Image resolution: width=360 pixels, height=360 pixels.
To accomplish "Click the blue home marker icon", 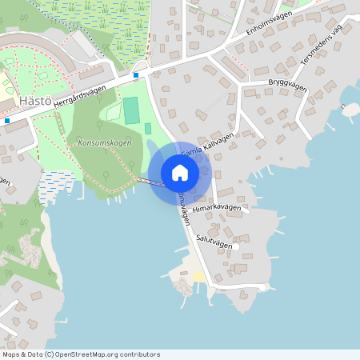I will pos(180,173).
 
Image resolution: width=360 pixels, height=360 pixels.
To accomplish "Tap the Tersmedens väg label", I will pos(321,50).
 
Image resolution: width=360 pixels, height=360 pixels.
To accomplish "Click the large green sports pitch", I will pos(130,110).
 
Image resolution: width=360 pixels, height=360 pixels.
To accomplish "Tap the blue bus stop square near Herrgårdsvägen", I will pos(136,75).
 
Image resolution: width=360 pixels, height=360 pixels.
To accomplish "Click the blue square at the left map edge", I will pos(6,121).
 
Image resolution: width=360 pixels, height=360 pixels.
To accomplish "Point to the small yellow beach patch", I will pos(198,277).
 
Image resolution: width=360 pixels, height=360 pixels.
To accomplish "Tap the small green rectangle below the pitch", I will pos(147,129).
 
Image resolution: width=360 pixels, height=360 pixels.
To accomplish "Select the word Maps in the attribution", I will pos(11,354).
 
